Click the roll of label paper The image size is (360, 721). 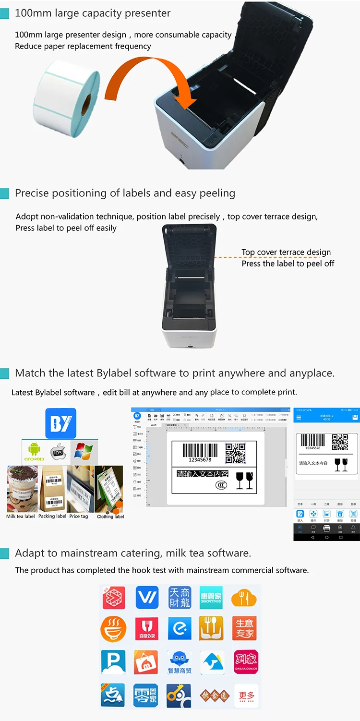click(66, 93)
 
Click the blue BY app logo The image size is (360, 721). click(60, 423)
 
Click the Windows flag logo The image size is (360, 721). click(83, 451)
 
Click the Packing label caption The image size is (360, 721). click(52, 517)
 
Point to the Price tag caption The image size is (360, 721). click(79, 517)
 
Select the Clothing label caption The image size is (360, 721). click(110, 517)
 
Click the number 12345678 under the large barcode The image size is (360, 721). click(200, 459)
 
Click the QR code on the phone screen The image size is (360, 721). click(340, 442)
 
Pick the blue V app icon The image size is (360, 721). click(147, 598)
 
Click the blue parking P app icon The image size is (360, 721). click(113, 662)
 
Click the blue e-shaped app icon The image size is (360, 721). click(180, 629)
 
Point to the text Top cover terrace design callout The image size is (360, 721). click(286, 252)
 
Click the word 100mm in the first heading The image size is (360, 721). click(30, 13)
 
